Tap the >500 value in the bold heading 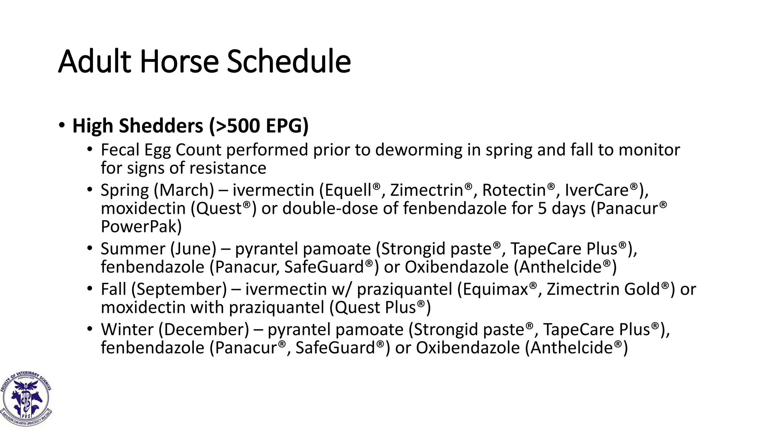click(235, 126)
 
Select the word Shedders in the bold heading click(161, 126)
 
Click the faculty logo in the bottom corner click(26, 398)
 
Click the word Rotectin click(514, 191)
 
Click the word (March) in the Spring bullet click(184, 191)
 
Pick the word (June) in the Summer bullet click(193, 249)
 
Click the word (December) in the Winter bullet click(204, 330)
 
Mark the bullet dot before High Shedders click(62, 125)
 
